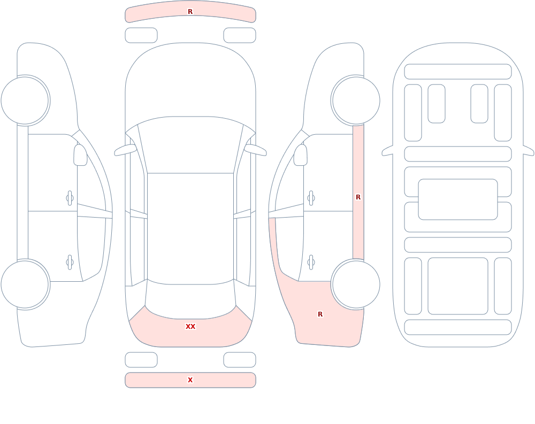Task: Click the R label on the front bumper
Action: (190, 12)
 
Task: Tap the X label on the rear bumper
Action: (190, 380)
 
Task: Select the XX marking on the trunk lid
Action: (190, 327)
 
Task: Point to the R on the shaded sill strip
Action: (358, 197)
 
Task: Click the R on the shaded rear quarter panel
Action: (320, 314)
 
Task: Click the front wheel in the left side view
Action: (25, 101)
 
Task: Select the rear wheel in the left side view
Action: (25, 284)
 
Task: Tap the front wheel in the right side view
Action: (356, 101)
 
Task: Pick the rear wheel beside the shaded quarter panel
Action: (356, 284)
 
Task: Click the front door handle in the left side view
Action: (70, 198)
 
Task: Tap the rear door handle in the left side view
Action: (70, 263)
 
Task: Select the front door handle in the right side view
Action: (311, 198)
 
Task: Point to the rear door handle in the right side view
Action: (311, 263)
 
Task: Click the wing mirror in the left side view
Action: (80, 155)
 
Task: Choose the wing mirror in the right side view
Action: (301, 155)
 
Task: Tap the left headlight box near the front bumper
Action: (141, 35)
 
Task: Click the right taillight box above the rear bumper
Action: (240, 360)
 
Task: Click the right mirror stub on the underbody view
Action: (529, 150)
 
